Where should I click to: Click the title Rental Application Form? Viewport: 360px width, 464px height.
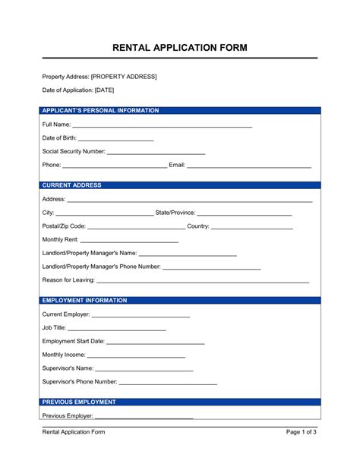pyautogui.click(x=180, y=47)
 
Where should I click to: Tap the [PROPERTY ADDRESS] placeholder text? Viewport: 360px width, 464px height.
pyautogui.click(x=124, y=77)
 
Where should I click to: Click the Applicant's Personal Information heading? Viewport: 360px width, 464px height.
pyautogui.click(x=100, y=111)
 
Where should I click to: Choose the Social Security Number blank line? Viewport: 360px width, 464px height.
pyautogui.click(x=156, y=153)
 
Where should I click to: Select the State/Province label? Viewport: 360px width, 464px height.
pyautogui.click(x=175, y=213)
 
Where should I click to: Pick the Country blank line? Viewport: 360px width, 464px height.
pyautogui.click(x=251, y=227)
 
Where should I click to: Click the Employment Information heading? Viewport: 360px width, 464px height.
pyautogui.click(x=84, y=300)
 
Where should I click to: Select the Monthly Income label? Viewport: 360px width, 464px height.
pyautogui.click(x=64, y=355)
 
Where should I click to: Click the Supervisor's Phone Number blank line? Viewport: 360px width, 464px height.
pyautogui.click(x=168, y=383)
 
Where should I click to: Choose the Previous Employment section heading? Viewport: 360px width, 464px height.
pyautogui.click(x=79, y=402)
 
